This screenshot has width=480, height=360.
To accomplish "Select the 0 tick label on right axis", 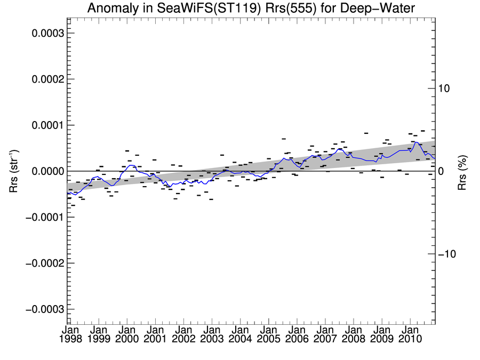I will coord(441,171).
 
